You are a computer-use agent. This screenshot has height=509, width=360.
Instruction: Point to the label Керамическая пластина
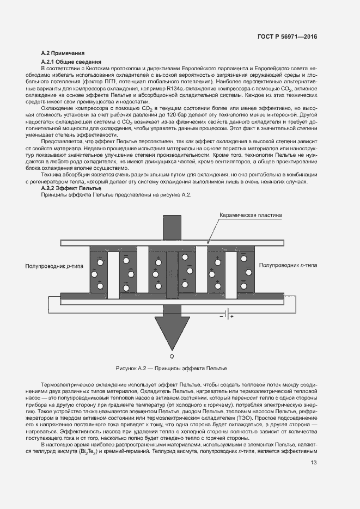(250, 215)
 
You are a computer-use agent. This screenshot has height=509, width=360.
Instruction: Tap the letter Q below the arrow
(172, 356)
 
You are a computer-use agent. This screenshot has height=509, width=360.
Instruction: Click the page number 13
(314, 463)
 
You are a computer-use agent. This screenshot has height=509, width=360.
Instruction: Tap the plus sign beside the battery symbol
(231, 316)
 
